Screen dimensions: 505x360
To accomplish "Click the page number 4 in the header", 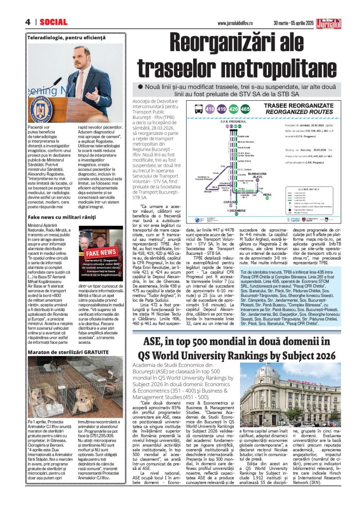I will [28, 22].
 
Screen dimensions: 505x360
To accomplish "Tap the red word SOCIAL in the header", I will [53, 22].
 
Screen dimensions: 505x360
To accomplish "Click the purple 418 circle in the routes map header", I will [210, 109].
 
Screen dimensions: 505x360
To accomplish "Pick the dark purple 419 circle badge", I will [221, 109].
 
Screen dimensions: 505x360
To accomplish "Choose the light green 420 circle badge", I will [233, 109].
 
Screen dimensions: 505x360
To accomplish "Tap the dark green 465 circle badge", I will [245, 109].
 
